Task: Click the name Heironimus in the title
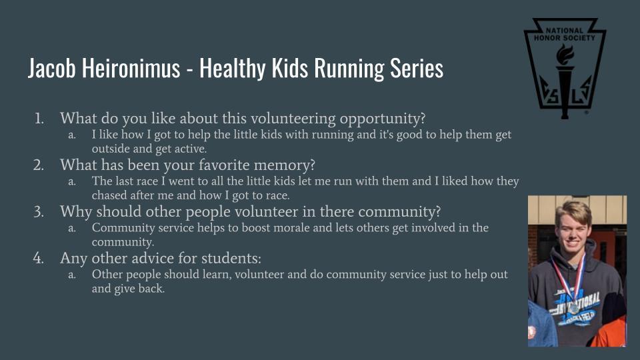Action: (x=131, y=68)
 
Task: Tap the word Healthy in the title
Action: (x=233, y=69)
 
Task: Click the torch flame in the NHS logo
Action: (x=565, y=54)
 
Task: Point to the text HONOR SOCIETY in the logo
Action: (x=565, y=38)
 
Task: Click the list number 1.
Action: (x=39, y=119)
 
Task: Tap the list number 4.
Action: (x=39, y=259)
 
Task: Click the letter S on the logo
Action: (x=554, y=97)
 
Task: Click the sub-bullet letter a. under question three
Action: (x=72, y=228)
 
